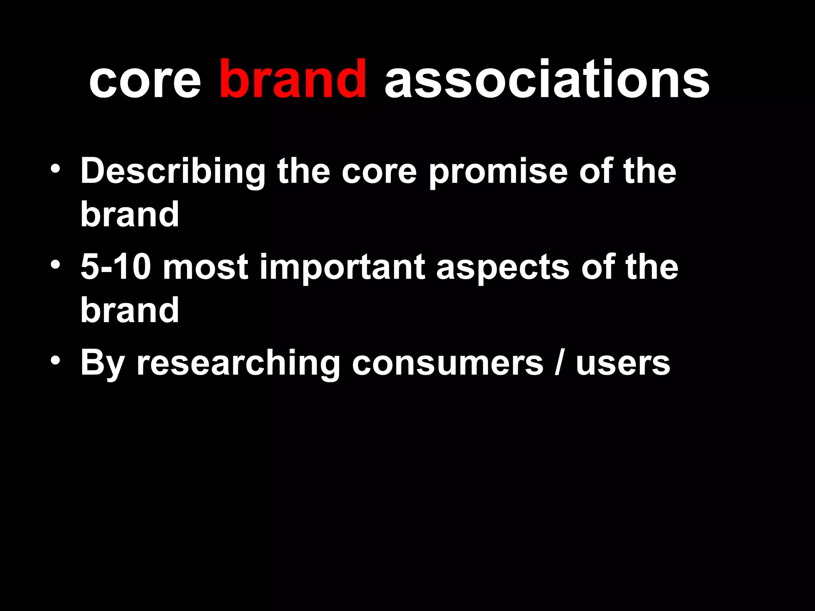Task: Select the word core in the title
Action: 145,80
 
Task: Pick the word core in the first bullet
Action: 379,172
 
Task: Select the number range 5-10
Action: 116,267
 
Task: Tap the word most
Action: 206,268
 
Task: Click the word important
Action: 343,268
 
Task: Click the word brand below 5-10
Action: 130,310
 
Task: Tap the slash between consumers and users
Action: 559,363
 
